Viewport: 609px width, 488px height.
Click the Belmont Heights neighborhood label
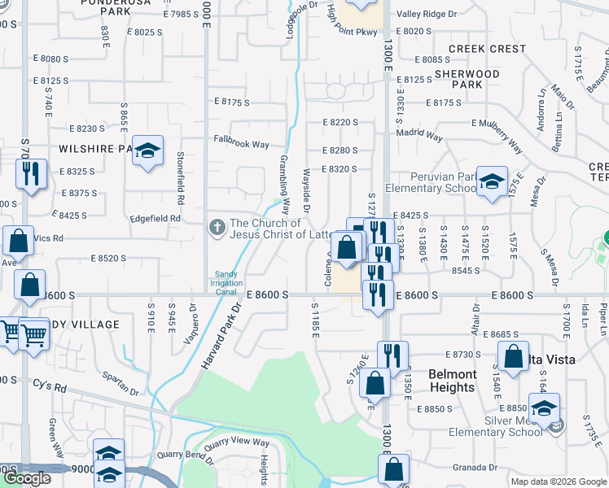tap(451, 381)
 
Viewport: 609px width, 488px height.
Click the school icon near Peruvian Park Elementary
tap(492, 181)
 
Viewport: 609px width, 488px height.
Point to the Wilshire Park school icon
tap(147, 151)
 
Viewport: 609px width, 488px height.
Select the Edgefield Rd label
tap(154, 218)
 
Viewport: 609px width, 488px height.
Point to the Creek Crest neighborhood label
tap(487, 49)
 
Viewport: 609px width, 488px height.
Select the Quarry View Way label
tap(237, 442)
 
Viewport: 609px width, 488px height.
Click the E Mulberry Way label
tap(496, 123)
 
